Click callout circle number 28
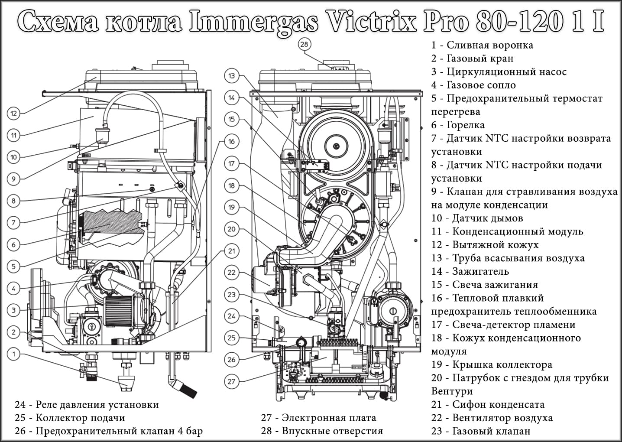pyautogui.click(x=305, y=45)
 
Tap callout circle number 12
pyautogui.click(x=14, y=114)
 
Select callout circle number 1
pyautogui.click(x=14, y=354)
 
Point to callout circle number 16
pyautogui.click(x=231, y=141)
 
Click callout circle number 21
pyautogui.click(x=231, y=251)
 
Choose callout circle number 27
pyautogui.click(x=231, y=381)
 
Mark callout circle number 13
pyautogui.click(x=231, y=76)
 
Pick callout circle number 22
pyautogui.click(x=231, y=273)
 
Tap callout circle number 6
pyautogui.click(x=14, y=244)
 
